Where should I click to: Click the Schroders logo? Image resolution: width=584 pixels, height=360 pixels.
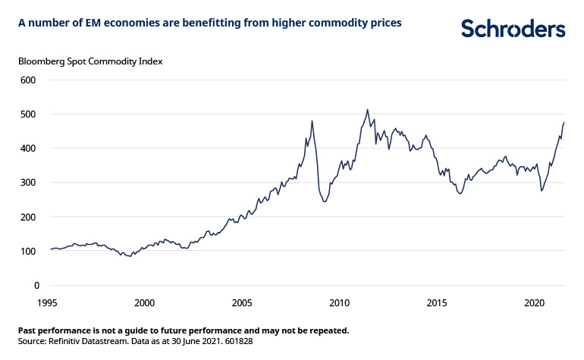513,29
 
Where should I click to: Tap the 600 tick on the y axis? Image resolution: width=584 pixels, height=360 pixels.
28,80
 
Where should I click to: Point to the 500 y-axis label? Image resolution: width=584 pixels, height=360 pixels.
28,114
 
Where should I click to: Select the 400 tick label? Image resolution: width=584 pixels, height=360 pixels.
28,148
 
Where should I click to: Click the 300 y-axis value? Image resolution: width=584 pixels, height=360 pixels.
28,183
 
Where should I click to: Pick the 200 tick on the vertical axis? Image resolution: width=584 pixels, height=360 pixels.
28,217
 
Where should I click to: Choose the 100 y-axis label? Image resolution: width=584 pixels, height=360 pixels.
28,251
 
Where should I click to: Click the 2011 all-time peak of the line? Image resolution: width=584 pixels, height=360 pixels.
368,109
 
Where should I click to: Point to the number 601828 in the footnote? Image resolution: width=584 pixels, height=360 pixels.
236,342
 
